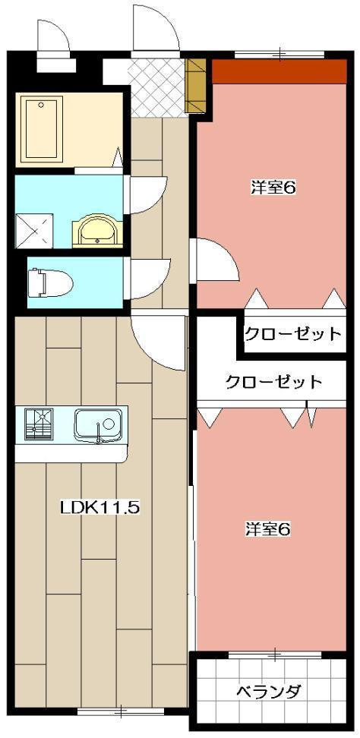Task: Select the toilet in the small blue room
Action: click(x=50, y=283)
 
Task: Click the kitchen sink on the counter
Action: click(x=98, y=424)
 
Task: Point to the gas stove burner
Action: click(x=38, y=424)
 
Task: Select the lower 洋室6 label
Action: click(x=267, y=528)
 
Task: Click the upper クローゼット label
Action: click(x=292, y=333)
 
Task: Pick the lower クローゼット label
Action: click(x=273, y=382)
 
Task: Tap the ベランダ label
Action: click(x=268, y=692)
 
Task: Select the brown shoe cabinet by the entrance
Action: click(x=196, y=86)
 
